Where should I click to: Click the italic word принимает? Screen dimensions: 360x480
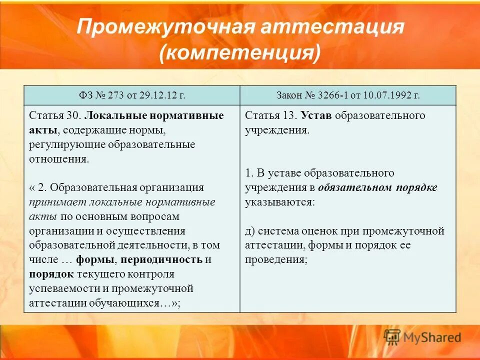(x=57, y=202)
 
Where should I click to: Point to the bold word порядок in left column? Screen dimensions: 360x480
(x=51, y=274)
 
